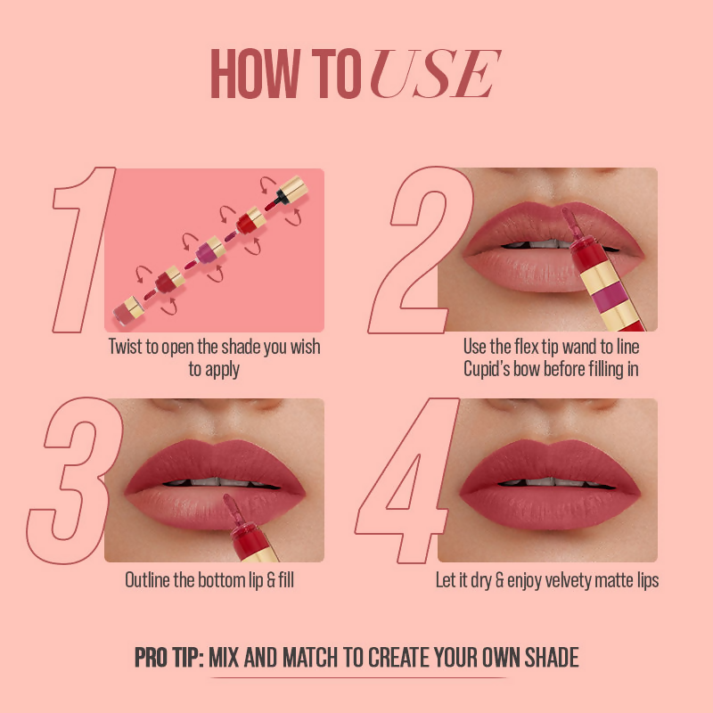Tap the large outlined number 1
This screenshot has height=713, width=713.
click(85, 250)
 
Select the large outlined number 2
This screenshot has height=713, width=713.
click(419, 250)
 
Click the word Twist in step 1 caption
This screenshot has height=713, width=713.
click(128, 347)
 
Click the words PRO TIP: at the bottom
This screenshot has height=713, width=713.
click(169, 659)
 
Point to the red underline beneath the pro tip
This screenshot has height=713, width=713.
click(356, 678)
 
